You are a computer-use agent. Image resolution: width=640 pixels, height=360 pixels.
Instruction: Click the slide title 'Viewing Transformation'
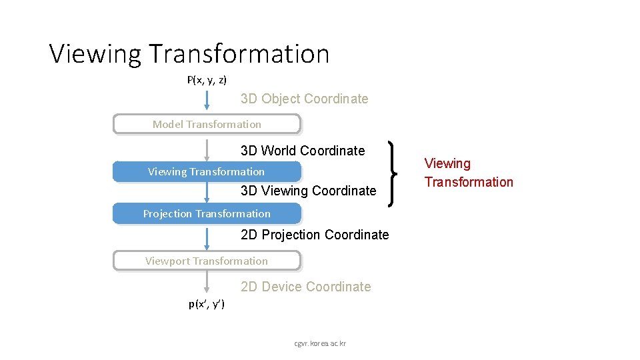tap(189, 53)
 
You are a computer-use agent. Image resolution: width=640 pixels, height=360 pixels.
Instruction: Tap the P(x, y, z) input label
tap(207, 80)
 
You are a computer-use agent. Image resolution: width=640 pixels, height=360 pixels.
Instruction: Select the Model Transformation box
tap(207, 124)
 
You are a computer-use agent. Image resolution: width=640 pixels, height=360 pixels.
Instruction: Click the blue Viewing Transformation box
tap(207, 171)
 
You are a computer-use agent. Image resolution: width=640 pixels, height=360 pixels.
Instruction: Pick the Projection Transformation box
tap(207, 213)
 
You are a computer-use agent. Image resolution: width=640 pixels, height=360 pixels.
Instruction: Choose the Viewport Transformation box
tap(207, 261)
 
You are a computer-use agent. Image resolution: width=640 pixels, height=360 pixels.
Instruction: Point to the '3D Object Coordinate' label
tap(304, 99)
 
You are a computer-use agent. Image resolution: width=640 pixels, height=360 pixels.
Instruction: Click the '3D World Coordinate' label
tap(303, 151)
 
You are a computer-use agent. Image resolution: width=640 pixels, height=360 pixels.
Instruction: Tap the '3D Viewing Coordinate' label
tap(308, 191)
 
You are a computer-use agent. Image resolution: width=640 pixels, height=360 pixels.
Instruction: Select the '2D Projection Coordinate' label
tap(315, 235)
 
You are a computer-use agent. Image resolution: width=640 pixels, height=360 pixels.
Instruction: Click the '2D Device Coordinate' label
tap(305, 287)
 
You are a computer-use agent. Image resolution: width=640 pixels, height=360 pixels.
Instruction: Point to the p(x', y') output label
tap(207, 304)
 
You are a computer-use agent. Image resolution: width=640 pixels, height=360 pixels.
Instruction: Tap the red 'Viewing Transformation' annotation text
tap(469, 173)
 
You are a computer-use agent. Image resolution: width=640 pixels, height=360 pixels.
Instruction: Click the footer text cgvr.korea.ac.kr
tap(320, 343)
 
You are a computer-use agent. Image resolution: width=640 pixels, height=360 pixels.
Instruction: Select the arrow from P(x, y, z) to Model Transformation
tap(207, 100)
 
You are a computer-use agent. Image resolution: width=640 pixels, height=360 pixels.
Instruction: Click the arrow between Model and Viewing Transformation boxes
tap(207, 148)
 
